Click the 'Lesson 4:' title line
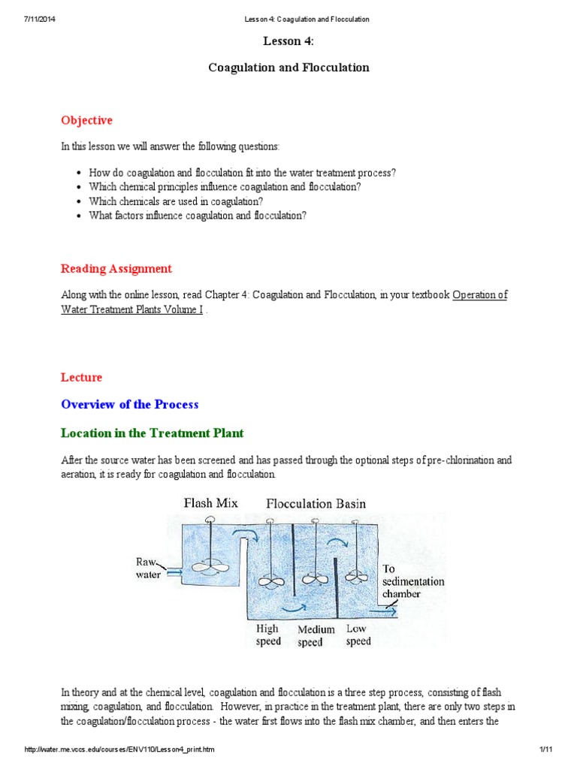pyautogui.click(x=288, y=42)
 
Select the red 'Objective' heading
pyautogui.click(x=86, y=120)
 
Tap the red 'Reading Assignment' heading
pyautogui.click(x=116, y=269)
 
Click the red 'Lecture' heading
pyautogui.click(x=81, y=377)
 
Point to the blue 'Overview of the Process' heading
pyautogui.click(x=129, y=404)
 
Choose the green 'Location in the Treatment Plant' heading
pyautogui.click(x=152, y=433)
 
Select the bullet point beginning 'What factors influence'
pyautogui.click(x=197, y=216)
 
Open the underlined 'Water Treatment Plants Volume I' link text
pyautogui.click(x=131, y=309)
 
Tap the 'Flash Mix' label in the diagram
pyautogui.click(x=211, y=503)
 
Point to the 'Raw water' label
pyautogui.click(x=147, y=568)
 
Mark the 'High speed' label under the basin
pyautogui.click(x=268, y=635)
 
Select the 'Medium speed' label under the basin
pyautogui.click(x=316, y=636)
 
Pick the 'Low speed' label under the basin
pyautogui.click(x=358, y=635)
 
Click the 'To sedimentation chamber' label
pyautogui.click(x=412, y=581)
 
